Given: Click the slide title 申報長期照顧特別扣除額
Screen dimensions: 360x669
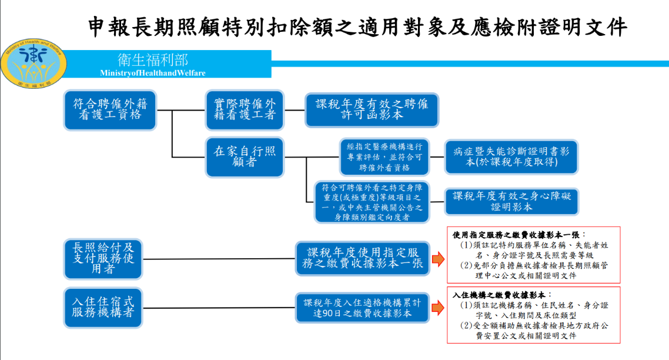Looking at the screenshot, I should pyautogui.click(x=358, y=26).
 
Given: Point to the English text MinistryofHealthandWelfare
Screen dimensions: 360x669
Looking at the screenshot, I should pyautogui.click(x=153, y=73).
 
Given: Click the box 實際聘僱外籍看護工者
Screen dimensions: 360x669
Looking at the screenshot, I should pyautogui.click(x=244, y=109).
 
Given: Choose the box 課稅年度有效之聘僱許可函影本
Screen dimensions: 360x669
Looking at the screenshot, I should pyautogui.click(x=372, y=109).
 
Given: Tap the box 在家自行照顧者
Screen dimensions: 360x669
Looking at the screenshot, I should pyautogui.click(x=244, y=156).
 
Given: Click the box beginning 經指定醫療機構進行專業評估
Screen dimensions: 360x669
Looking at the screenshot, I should pyautogui.click(x=384, y=156).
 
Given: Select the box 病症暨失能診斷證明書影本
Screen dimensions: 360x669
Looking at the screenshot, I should pyautogui.click(x=511, y=156).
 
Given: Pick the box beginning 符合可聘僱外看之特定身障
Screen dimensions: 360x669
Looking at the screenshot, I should pyautogui.click(x=372, y=202).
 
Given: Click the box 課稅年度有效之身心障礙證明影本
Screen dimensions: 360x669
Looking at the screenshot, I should pyautogui.click(x=511, y=202).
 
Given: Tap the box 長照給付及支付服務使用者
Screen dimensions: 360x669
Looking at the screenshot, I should pyautogui.click(x=103, y=258).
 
